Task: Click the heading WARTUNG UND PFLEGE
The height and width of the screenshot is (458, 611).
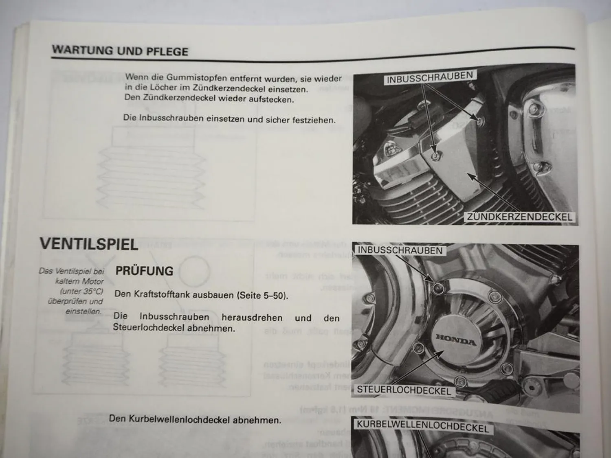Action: tap(120, 51)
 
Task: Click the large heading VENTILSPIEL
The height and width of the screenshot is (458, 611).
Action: tap(89, 244)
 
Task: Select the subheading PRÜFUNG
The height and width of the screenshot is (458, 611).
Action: tap(145, 271)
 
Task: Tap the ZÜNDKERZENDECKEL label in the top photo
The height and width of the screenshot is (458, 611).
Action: tap(519, 217)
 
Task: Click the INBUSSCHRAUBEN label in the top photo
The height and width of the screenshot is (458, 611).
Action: tap(429, 77)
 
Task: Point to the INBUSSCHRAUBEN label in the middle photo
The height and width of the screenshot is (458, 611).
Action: tap(400, 250)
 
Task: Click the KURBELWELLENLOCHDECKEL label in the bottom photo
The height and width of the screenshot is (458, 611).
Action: tap(422, 426)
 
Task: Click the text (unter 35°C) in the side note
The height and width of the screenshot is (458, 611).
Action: tap(81, 291)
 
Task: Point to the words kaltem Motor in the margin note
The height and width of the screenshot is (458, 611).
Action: tap(79, 281)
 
